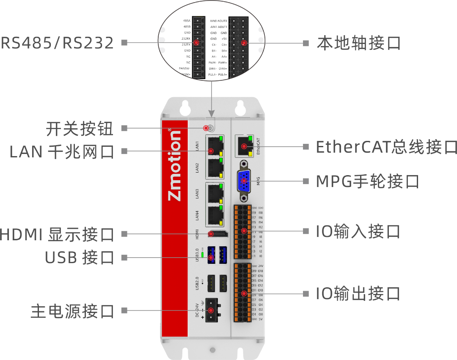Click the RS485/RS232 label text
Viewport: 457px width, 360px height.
tap(57, 43)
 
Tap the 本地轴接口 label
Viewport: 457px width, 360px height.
tap(358, 43)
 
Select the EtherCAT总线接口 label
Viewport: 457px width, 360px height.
tap(386, 147)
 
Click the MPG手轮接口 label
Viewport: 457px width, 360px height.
tap(367, 181)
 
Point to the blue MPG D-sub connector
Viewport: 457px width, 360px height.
tap(244, 181)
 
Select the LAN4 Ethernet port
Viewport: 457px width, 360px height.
tap(215, 215)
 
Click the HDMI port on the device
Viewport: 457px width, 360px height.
tap(218, 234)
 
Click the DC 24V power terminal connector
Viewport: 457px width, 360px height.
tap(214, 311)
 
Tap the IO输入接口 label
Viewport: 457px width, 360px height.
tap(358, 231)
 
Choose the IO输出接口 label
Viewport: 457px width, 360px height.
tap(358, 293)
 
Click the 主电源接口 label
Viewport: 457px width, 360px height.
tap(72, 311)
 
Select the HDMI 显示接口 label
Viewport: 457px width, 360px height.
tap(57, 234)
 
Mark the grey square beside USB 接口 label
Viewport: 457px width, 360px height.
tap(124, 257)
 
